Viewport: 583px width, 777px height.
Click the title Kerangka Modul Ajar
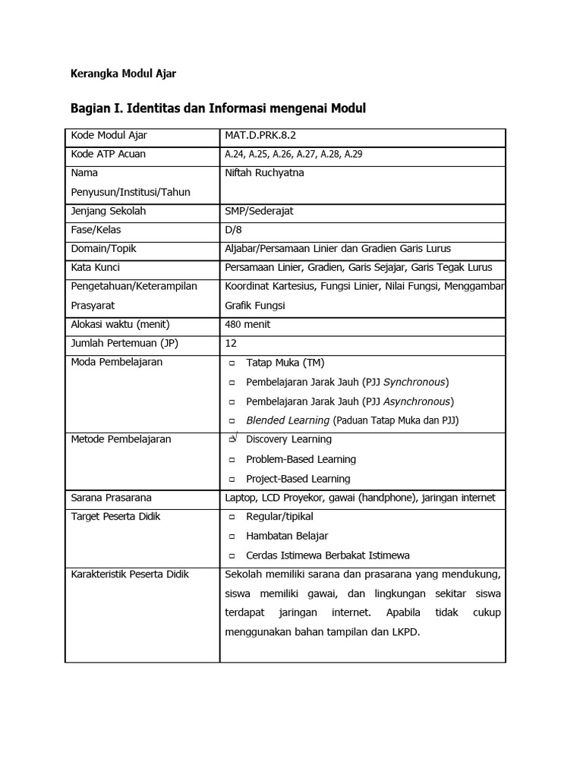tap(123, 74)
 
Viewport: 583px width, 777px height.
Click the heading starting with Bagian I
tap(218, 109)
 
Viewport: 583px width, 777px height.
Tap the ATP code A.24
tap(234, 155)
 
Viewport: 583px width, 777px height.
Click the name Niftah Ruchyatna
tap(264, 173)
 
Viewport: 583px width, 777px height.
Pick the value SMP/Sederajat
tap(259, 211)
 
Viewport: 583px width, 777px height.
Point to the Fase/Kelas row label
tap(96, 230)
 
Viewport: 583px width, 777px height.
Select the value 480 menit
tap(247, 325)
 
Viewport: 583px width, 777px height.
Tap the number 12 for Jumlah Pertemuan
tap(231, 344)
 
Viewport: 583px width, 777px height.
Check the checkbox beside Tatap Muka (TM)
tap(232, 363)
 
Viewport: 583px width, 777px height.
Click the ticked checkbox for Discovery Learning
tap(232, 439)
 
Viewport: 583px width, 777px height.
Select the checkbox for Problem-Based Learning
tap(232, 460)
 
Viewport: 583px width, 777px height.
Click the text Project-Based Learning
tap(298, 479)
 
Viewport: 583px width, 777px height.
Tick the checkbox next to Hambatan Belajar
tap(232, 536)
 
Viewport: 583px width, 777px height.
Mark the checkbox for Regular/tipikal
tap(232, 517)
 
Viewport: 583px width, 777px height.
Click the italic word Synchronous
tap(414, 382)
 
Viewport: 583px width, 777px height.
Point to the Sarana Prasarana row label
tap(111, 498)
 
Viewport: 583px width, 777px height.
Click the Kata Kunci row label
tap(95, 268)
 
